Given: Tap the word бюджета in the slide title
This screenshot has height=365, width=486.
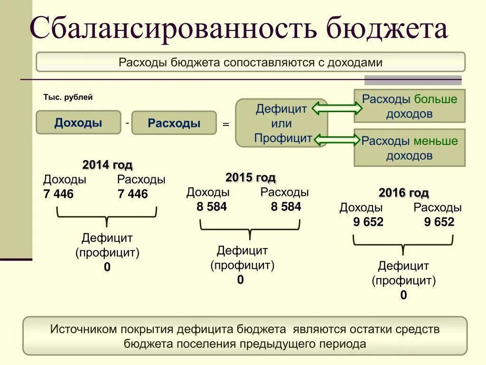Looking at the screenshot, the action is point(386,29).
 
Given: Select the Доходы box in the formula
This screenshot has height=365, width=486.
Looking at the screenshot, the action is point(78,123).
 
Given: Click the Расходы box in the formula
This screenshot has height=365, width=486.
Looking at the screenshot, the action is point(174,123).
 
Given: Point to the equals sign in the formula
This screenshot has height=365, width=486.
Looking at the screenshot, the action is point(226,124).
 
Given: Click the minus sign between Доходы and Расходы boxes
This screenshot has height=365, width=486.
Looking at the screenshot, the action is point(127,123).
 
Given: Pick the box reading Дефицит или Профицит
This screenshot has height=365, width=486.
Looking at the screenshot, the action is point(282,123).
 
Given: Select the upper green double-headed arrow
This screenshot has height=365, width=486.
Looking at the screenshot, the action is point(336,109).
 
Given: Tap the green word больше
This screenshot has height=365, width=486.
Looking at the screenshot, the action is point(436,99).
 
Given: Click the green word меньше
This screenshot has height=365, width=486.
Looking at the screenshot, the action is point(436,141).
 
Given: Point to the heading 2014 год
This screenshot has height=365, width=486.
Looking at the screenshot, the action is point(107,165).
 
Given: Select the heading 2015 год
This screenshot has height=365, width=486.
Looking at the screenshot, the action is point(251,178).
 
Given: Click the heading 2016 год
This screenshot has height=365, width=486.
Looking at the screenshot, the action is point(403,193).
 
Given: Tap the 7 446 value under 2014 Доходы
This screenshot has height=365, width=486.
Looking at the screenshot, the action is point(58,194).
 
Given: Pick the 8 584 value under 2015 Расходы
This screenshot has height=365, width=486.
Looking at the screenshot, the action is point(286,207).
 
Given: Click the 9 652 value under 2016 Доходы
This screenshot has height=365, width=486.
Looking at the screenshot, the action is point(368,222).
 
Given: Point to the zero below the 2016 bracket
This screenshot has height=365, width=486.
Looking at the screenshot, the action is point(403,295).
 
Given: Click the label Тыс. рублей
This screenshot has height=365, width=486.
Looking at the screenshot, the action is point(68,97).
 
